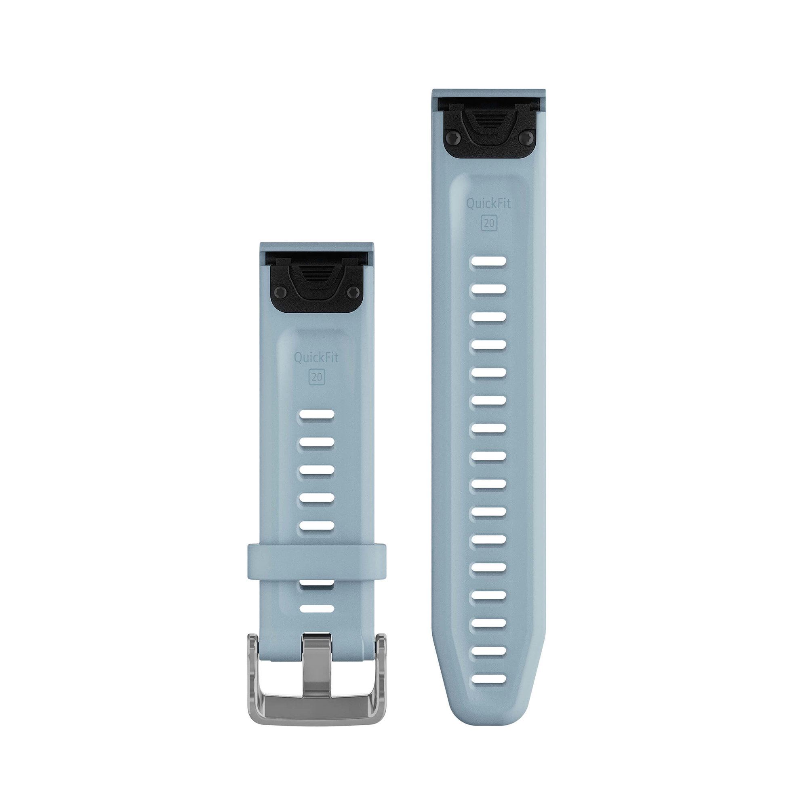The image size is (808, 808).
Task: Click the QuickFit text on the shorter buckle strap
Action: [x=316, y=358]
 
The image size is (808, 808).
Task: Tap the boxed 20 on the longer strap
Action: [x=488, y=223]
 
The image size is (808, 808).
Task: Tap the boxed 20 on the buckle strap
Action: [x=316, y=377]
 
